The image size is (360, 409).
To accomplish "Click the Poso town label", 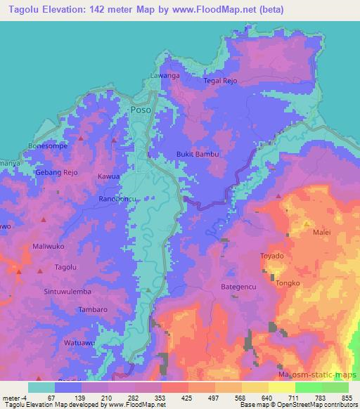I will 141,110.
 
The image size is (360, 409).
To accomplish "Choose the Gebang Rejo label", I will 58,172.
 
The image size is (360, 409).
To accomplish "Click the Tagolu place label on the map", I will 65,268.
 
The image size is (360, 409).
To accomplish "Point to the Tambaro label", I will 93,309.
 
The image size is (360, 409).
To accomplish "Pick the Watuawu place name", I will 79,343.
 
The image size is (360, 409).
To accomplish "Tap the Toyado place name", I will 272,257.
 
